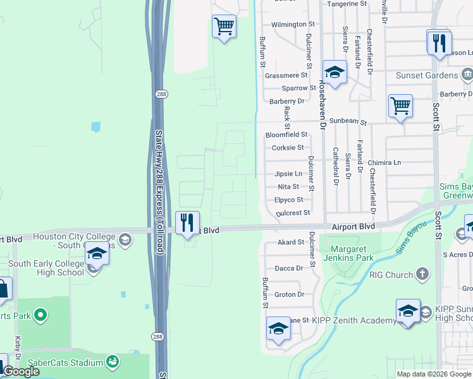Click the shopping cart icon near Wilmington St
coord(224,27)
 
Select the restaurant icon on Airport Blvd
coord(187,223)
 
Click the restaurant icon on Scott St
coord(438,43)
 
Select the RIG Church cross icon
coord(422,275)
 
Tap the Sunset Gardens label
coord(427,76)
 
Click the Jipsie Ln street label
coord(288,173)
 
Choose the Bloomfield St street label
coord(286,135)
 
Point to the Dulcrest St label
coord(293,213)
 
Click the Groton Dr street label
coord(290,294)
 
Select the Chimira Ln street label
coord(384,162)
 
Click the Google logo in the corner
coord(21,371)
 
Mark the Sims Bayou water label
coord(412,239)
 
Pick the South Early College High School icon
coord(96,253)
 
